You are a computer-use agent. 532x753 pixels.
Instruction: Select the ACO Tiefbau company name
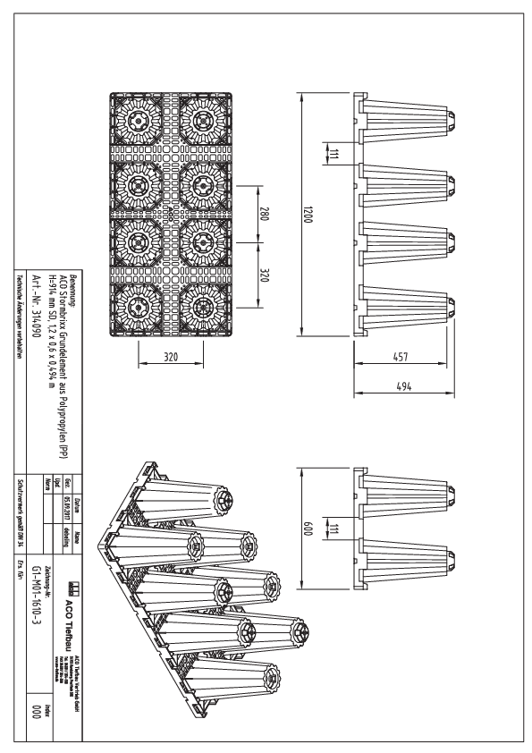pyautogui.click(x=72, y=617)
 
